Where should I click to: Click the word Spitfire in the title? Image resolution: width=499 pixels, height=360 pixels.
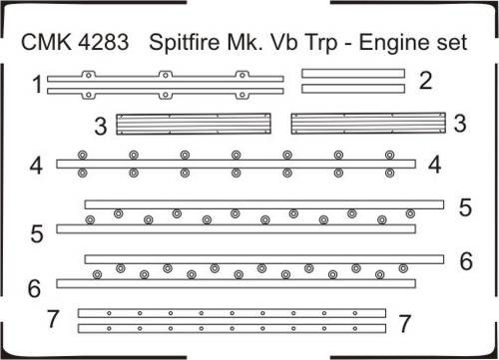pos(185,44)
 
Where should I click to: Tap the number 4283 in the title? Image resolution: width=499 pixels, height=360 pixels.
pos(104,42)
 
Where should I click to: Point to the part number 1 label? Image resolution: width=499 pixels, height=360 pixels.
pos(37,85)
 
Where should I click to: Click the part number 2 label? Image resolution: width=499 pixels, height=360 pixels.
pos(425,80)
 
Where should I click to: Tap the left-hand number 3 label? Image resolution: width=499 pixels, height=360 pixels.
pos(101,126)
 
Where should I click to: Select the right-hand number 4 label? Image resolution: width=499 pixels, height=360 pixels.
pos(435,165)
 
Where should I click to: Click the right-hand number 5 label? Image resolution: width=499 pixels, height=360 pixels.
pos(465,207)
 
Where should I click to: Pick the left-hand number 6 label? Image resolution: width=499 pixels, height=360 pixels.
pos(34,288)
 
